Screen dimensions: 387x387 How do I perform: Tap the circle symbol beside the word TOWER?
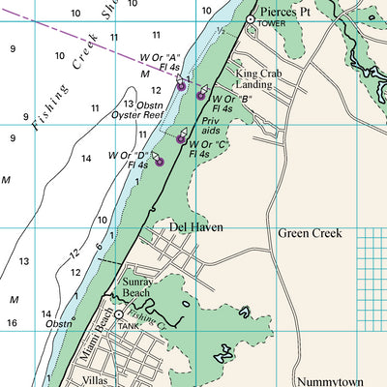click(250, 20)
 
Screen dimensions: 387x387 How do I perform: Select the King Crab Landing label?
click(253, 78)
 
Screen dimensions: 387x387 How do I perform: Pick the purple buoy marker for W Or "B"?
click(200, 96)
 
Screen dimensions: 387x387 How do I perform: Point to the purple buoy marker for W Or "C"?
click(180, 139)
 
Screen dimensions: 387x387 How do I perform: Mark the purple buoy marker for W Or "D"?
click(160, 163)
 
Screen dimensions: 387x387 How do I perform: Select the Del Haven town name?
click(196, 227)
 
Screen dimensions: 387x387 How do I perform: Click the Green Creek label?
click(309, 233)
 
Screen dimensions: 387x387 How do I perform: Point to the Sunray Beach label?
click(136, 286)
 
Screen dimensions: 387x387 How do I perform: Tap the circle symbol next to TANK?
click(119, 315)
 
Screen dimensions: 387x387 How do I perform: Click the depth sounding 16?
click(12, 323)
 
